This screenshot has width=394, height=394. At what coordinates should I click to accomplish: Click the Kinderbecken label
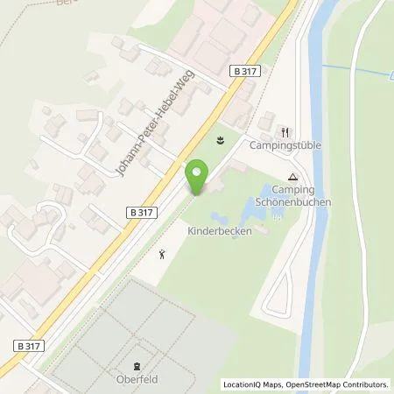tap(221, 231)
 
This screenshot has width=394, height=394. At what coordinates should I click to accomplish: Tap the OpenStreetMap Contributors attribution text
tap(333, 384)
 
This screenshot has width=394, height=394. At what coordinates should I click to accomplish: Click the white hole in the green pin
tap(198, 172)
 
